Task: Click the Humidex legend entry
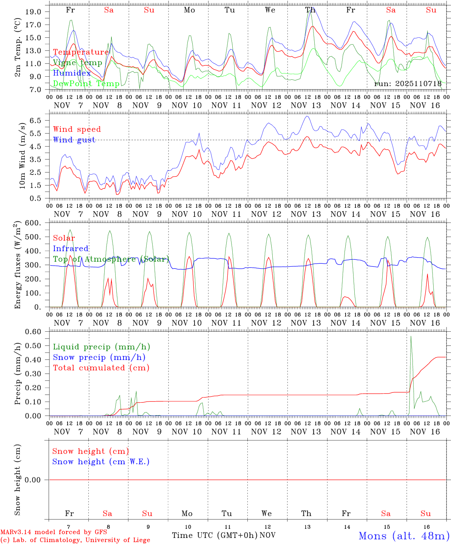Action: [72, 73]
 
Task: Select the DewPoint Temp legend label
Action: [86, 84]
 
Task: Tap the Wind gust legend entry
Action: [74, 140]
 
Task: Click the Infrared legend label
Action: [71, 249]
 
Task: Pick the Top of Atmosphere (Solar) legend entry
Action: [111, 259]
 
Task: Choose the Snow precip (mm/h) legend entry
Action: [99, 357]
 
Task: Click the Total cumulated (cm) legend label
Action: [101, 368]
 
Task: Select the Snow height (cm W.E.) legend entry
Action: [100, 462]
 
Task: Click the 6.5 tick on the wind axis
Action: [37, 121]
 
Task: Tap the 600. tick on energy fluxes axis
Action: [33, 223]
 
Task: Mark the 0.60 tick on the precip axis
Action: [33, 332]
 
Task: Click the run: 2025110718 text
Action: [408, 84]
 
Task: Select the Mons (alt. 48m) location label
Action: [404, 536]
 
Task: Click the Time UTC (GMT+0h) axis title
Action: [215, 535]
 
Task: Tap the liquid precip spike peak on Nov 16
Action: [411, 336]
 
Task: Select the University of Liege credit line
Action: [75, 540]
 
